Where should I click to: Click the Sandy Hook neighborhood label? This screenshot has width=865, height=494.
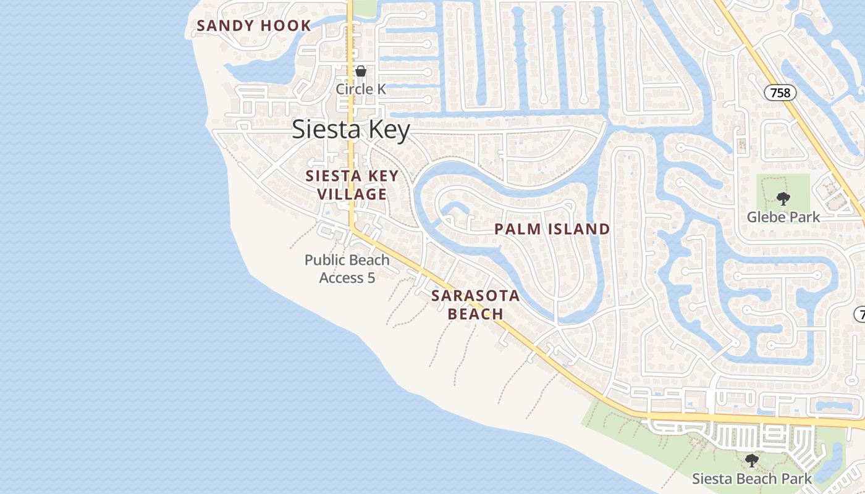(254, 26)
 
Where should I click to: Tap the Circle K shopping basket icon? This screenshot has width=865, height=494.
(361, 72)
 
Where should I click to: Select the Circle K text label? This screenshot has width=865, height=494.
(361, 90)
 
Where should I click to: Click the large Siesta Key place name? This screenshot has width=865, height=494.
(350, 130)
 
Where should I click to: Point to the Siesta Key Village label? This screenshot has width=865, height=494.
(352, 185)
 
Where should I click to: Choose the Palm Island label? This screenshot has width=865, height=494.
(552, 230)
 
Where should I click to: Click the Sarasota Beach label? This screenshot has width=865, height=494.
(475, 304)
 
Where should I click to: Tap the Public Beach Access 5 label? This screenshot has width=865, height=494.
(347, 269)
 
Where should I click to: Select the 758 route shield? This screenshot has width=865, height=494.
(780, 93)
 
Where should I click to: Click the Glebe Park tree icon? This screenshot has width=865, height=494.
(783, 199)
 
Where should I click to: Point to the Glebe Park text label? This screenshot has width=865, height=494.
(783, 217)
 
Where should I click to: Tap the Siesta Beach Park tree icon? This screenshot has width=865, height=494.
(752, 461)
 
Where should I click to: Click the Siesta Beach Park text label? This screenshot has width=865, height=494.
(752, 479)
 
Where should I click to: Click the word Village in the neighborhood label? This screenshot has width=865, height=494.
(352, 195)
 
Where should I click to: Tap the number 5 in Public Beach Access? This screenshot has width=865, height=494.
(371, 278)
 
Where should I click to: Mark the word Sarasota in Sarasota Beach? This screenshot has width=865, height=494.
(475, 296)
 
